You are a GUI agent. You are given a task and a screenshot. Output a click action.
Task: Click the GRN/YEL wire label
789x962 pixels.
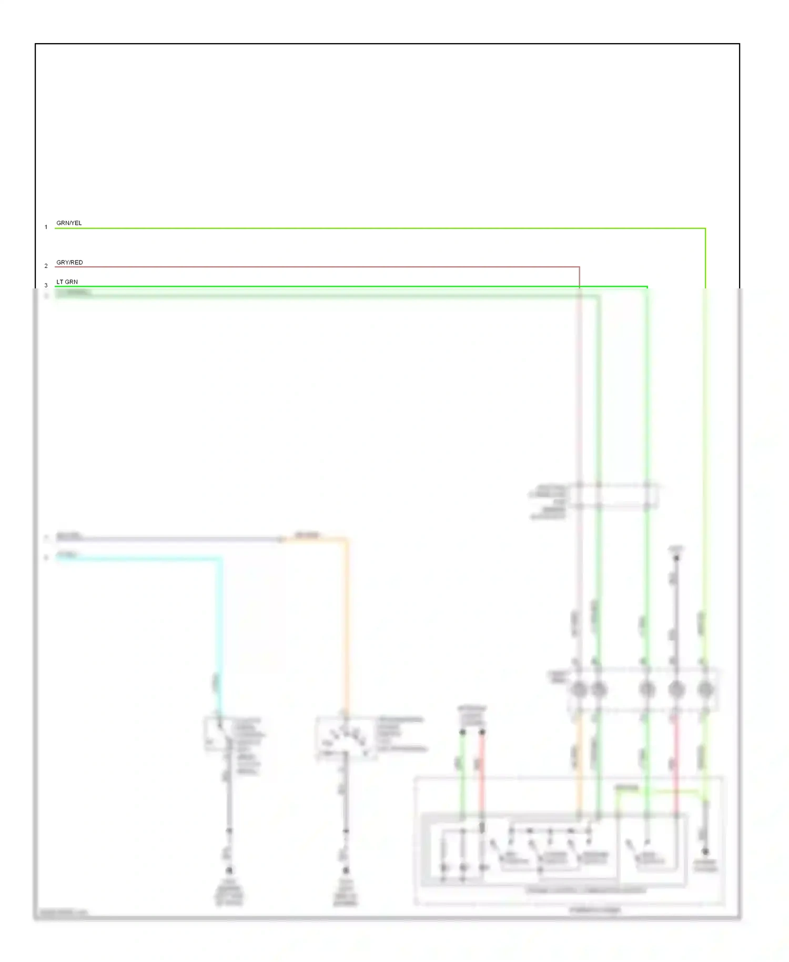[69, 223]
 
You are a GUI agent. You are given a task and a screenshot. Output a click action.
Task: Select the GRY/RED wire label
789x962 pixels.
[69, 263]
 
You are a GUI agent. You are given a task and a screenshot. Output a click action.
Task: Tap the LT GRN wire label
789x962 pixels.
[67, 282]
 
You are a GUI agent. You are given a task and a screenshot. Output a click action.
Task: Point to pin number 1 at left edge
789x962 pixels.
[46, 227]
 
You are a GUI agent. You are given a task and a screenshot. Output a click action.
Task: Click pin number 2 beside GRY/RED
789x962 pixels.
[46, 266]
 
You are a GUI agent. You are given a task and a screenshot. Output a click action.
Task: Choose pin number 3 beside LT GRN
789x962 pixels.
[46, 286]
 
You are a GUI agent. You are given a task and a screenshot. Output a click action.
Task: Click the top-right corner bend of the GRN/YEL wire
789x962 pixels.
[705, 229]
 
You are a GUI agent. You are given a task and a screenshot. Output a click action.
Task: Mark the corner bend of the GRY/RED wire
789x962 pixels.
[579, 267]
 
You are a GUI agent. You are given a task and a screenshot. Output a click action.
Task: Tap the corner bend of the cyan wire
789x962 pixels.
[220, 559]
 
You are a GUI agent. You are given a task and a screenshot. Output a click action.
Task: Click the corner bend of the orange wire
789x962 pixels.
[346, 539]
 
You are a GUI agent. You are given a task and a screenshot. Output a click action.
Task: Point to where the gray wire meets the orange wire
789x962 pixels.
[283, 539]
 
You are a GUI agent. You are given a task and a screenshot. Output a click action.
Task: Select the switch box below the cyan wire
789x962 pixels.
[218, 733]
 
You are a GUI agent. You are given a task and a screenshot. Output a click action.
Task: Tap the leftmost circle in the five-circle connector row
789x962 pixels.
[579, 689]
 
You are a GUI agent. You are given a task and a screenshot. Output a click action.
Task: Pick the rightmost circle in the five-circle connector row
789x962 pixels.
[705, 689]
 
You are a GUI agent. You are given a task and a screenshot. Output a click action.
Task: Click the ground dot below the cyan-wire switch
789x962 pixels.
[229, 870]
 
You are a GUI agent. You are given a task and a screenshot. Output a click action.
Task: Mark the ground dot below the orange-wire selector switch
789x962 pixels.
[346, 870]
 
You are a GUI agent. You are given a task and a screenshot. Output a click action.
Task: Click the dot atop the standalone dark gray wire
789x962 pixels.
[676, 558]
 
